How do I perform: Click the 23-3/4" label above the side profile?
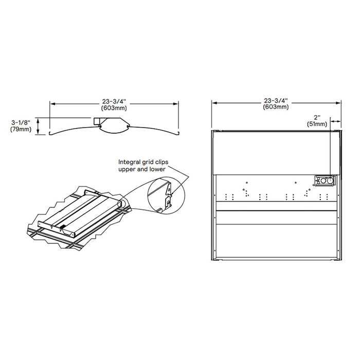[x=115, y=101]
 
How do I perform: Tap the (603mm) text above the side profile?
[x=115, y=108]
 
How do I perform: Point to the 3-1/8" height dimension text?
[x=21, y=122]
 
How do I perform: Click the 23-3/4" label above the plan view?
[x=276, y=100]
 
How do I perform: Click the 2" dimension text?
[x=317, y=117]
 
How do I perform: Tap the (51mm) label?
[x=317, y=124]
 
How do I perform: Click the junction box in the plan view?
[x=323, y=181]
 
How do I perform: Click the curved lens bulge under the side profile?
[x=114, y=128]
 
